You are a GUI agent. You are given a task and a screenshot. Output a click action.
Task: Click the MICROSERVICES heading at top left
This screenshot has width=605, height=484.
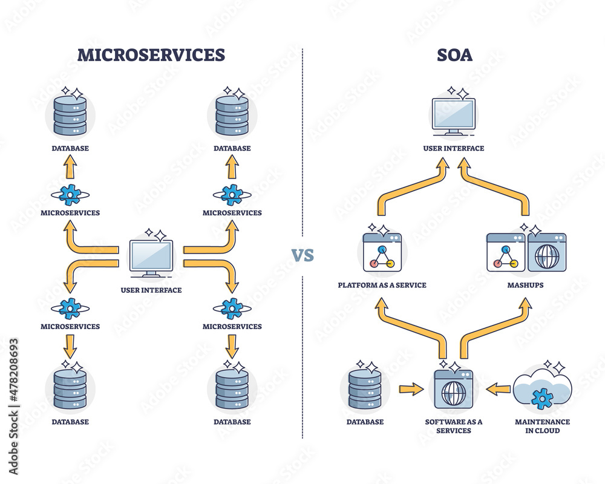[x=151, y=55]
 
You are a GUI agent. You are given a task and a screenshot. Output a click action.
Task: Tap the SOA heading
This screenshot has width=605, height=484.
[x=454, y=55]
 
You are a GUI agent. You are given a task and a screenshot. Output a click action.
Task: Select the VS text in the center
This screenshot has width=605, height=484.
[x=303, y=255]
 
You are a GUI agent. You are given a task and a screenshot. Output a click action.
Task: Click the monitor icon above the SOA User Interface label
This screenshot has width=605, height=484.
[x=454, y=116]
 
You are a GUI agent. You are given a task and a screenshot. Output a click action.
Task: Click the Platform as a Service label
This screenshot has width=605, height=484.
[x=382, y=285]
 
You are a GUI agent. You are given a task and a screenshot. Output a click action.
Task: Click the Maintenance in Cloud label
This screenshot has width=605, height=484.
[x=542, y=426]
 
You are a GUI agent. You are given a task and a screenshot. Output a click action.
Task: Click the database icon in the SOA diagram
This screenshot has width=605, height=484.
[x=365, y=389]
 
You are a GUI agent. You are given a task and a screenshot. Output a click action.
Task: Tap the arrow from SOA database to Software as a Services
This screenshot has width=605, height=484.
[x=411, y=389]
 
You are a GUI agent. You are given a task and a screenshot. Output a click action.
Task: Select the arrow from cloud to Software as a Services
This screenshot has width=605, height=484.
[x=499, y=389]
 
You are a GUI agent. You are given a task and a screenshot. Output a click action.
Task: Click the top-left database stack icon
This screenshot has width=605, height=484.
[x=70, y=115]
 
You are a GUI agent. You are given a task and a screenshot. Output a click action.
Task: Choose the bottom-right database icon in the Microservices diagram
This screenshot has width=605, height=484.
[x=232, y=389]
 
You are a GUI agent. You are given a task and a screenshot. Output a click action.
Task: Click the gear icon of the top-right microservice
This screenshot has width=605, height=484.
[x=232, y=194]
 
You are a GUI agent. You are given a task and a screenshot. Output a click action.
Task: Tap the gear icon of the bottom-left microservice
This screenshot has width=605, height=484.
[x=70, y=308]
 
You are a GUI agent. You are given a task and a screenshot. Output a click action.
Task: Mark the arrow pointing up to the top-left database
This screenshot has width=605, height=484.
[x=70, y=166]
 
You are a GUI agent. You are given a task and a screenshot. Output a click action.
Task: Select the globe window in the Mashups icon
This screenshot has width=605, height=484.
[x=546, y=252]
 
